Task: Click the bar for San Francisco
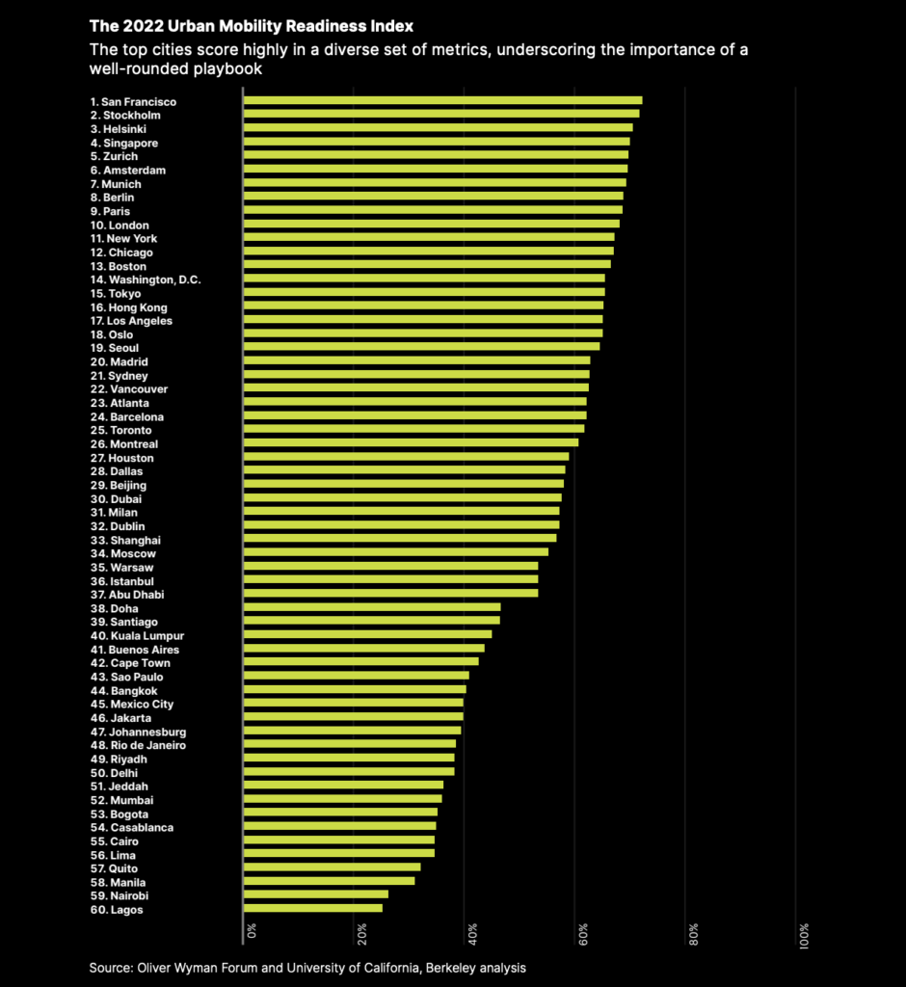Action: (442, 100)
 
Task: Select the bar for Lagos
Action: (313, 908)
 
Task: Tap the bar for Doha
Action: (372, 607)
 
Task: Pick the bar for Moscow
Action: (396, 552)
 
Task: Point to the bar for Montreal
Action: (411, 443)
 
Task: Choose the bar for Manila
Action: (330, 881)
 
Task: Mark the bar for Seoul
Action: (421, 347)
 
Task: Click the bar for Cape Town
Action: (361, 661)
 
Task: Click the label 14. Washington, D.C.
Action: (146, 280)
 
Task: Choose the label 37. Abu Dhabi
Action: (127, 595)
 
